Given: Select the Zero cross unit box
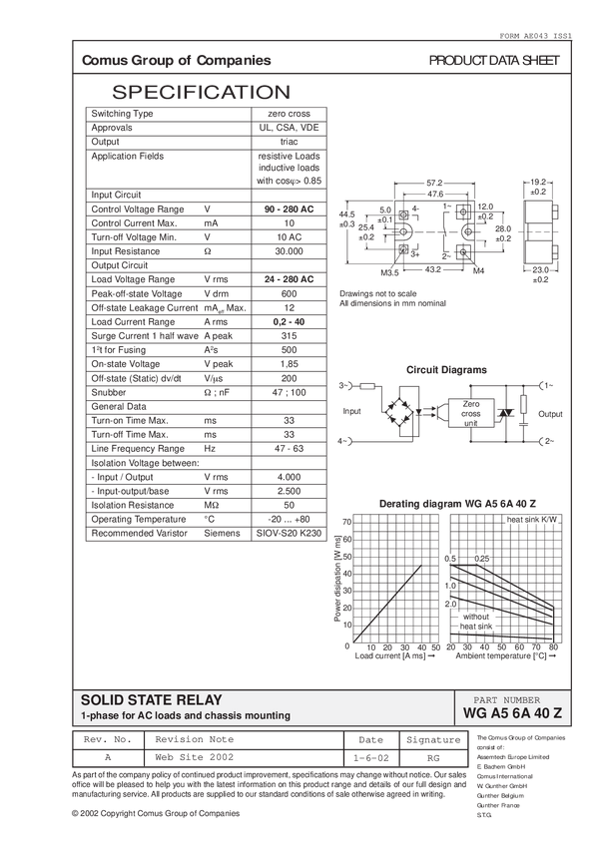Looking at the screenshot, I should pyautogui.click(x=470, y=413).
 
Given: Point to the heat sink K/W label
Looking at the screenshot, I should pyautogui.click(x=532, y=521).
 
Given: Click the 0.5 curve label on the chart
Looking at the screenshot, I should pyautogui.click(x=450, y=558).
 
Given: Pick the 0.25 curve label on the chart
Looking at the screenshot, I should pyautogui.click(x=481, y=558).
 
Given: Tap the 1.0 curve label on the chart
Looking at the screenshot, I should pyautogui.click(x=450, y=585).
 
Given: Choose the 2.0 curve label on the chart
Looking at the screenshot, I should pyautogui.click(x=450, y=605).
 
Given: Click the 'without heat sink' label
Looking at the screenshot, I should pyautogui.click(x=475, y=622).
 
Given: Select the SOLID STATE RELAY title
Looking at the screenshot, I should pyautogui.click(x=151, y=700).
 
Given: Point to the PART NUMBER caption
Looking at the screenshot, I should pyautogui.click(x=512, y=700).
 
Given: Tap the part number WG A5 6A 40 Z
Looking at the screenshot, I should pyautogui.click(x=513, y=714).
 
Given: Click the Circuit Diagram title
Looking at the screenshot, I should pyautogui.click(x=446, y=369).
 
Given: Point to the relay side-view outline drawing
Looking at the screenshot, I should pyautogui.click(x=537, y=227).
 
